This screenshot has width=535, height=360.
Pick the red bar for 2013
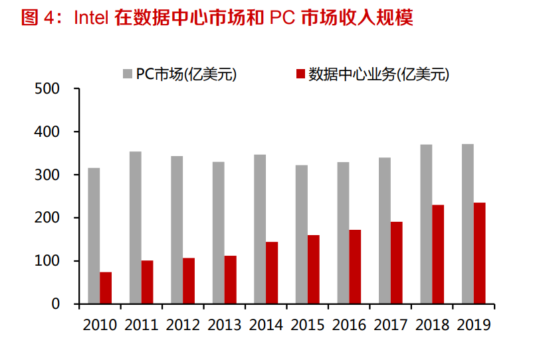(x=230, y=280)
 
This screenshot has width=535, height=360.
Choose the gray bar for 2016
(x=343, y=232)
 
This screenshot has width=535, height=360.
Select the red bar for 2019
(x=479, y=253)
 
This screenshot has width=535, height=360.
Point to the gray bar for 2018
(x=426, y=224)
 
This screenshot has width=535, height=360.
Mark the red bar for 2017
(x=396, y=262)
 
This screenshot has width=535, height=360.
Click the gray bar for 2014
(x=260, y=229)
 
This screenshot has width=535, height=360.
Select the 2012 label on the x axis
(x=183, y=325)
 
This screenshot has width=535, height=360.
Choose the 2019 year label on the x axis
(x=473, y=325)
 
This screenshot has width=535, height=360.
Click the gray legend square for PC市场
(x=127, y=73)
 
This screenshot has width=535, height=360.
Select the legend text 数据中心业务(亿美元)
(x=378, y=74)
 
